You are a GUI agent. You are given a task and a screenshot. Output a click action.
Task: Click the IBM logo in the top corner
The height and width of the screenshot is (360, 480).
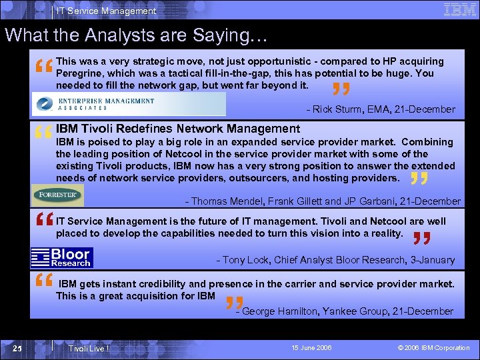(x=459, y=10)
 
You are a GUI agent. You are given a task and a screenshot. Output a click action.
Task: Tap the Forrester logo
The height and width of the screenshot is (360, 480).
(x=58, y=195)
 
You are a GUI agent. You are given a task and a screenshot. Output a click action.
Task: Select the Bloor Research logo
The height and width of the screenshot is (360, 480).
(x=62, y=257)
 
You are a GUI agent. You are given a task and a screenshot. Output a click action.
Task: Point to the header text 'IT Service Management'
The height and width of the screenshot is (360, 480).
(x=106, y=11)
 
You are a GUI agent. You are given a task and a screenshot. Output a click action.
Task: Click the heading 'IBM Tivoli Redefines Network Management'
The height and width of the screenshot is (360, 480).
(x=178, y=128)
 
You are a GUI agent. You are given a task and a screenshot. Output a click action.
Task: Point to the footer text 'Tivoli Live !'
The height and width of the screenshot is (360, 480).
(x=88, y=348)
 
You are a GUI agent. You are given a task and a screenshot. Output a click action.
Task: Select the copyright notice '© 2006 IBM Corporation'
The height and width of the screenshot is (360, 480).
(x=433, y=348)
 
